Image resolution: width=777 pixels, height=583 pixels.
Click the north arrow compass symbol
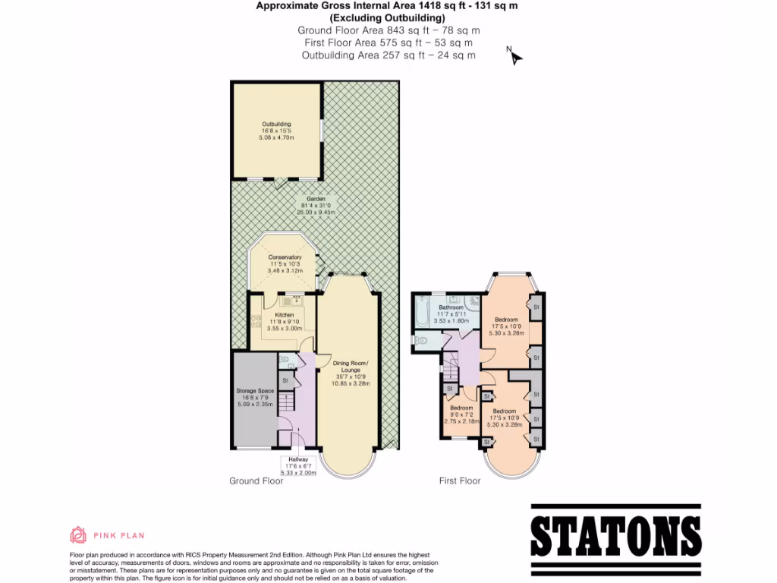515,56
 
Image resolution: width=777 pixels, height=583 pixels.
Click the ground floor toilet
284,361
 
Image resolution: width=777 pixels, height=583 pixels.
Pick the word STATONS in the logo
615,537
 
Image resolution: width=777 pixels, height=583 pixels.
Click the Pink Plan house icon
78,535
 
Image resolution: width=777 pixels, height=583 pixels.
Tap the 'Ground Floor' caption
256,481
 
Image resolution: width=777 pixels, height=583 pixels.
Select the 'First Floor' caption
460,481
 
